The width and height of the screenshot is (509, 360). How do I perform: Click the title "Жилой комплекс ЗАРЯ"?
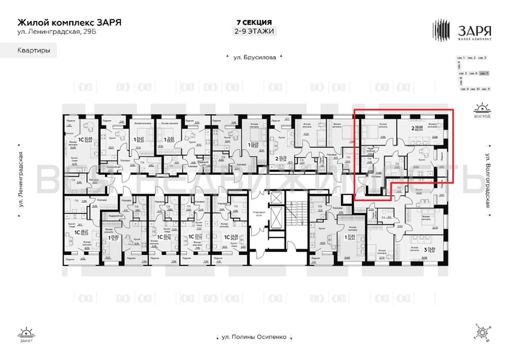pyautogui.click(x=69, y=22)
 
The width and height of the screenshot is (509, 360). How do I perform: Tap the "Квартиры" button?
pyautogui.click(x=35, y=50)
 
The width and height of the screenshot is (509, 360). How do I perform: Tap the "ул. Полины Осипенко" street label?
pyautogui.click(x=254, y=336)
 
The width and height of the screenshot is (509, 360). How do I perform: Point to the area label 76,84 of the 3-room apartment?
pyautogui.click(x=434, y=251)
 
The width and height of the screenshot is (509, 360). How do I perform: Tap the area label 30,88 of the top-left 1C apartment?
pyautogui.click(x=89, y=120)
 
